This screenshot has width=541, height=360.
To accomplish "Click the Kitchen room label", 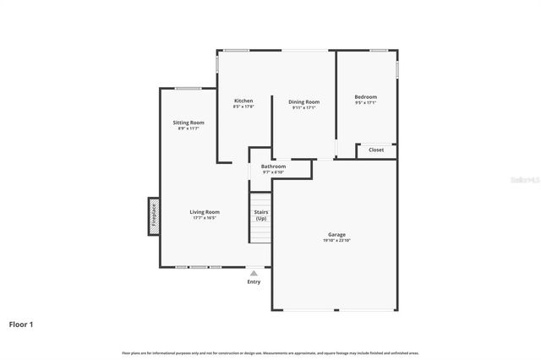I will click(243, 101).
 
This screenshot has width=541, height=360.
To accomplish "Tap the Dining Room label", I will click(303, 101).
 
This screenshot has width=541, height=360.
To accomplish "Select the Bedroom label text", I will click(365, 97).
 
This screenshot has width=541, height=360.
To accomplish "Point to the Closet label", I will click(376, 150).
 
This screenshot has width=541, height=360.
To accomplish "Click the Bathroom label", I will click(273, 166).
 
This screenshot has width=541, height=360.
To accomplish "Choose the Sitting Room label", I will click(189, 123).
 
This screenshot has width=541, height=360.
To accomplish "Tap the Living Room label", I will click(205, 211).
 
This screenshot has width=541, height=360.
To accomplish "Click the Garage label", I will click(336, 234).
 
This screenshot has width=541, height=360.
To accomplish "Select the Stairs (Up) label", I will click(260, 215).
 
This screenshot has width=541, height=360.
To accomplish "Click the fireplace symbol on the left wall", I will click(154, 216).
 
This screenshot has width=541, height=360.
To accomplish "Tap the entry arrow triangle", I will click(254, 272).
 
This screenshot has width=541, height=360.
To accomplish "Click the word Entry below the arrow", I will click(254, 281).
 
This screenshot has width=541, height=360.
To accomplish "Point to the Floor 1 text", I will click(21, 324).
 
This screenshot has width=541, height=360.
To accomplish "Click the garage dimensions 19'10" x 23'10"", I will click(336, 241).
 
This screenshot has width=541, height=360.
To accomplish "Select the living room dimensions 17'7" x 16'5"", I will click(205, 218).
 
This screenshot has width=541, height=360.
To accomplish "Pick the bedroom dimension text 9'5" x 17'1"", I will click(365, 104).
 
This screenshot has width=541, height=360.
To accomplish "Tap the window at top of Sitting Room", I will click(189, 88).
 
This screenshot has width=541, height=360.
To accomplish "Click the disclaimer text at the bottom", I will click(270, 352).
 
